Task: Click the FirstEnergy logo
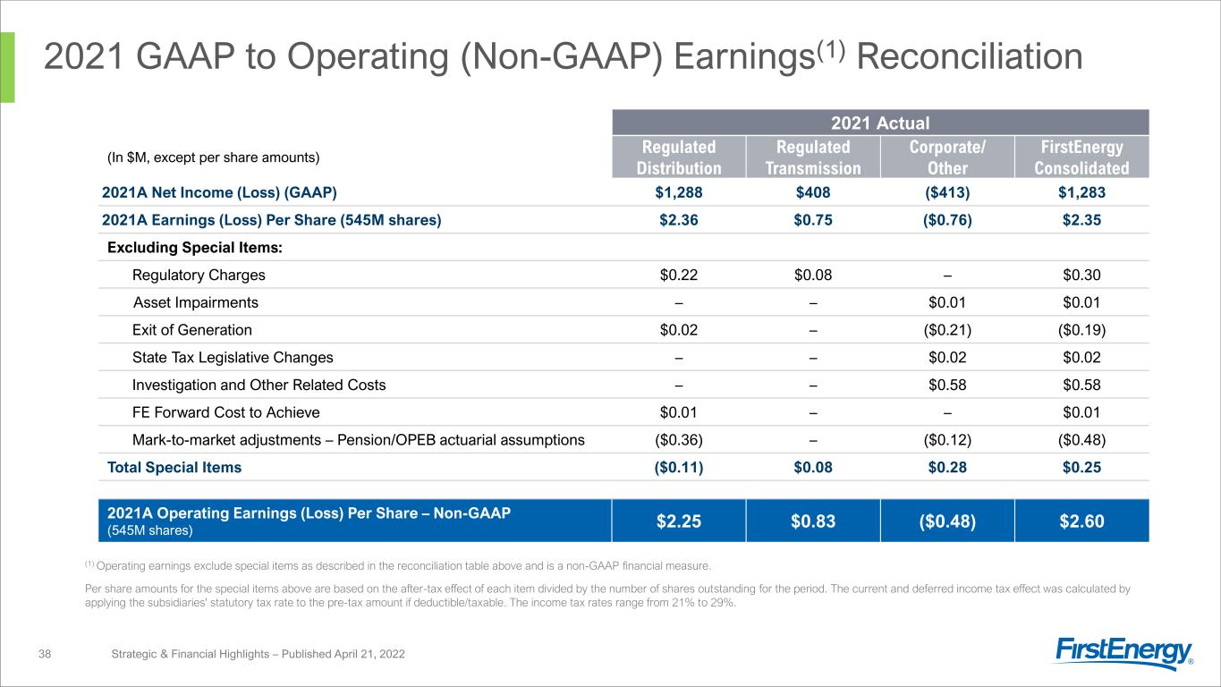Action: click(x=1124, y=652)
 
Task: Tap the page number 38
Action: click(x=45, y=654)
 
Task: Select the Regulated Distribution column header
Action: click(x=679, y=157)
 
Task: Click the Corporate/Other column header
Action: click(x=947, y=157)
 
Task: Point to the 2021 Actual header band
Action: click(x=880, y=123)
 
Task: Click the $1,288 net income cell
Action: click(x=679, y=192)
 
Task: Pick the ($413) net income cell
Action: click(x=947, y=192)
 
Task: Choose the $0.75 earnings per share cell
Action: click(x=813, y=220)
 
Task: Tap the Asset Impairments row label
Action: click(x=196, y=302)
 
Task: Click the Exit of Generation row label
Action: click(x=191, y=330)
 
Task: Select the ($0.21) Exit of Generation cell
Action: click(x=947, y=330)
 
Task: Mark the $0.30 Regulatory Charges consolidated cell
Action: click(x=1081, y=275)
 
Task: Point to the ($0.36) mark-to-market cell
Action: click(x=679, y=440)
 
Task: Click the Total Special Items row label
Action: click(x=174, y=467)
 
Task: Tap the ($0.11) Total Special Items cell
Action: click(x=679, y=467)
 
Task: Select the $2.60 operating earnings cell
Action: click(x=1081, y=522)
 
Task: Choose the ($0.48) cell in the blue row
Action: click(x=947, y=522)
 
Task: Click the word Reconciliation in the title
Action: click(x=970, y=56)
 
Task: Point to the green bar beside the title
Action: click(x=7, y=67)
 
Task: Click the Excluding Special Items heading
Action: click(x=195, y=248)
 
